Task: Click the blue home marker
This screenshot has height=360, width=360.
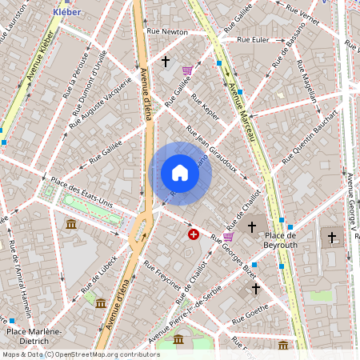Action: pos(180,173)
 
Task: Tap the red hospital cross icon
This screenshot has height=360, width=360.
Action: pos(194,234)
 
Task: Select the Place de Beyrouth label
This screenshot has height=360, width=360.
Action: pos(280,240)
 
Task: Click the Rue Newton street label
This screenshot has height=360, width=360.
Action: pos(167,32)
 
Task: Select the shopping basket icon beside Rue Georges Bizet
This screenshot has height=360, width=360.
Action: pos(228,237)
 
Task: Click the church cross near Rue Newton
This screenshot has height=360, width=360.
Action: pos(166,61)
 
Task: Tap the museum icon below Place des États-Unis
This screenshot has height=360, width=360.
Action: pos(71,224)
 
